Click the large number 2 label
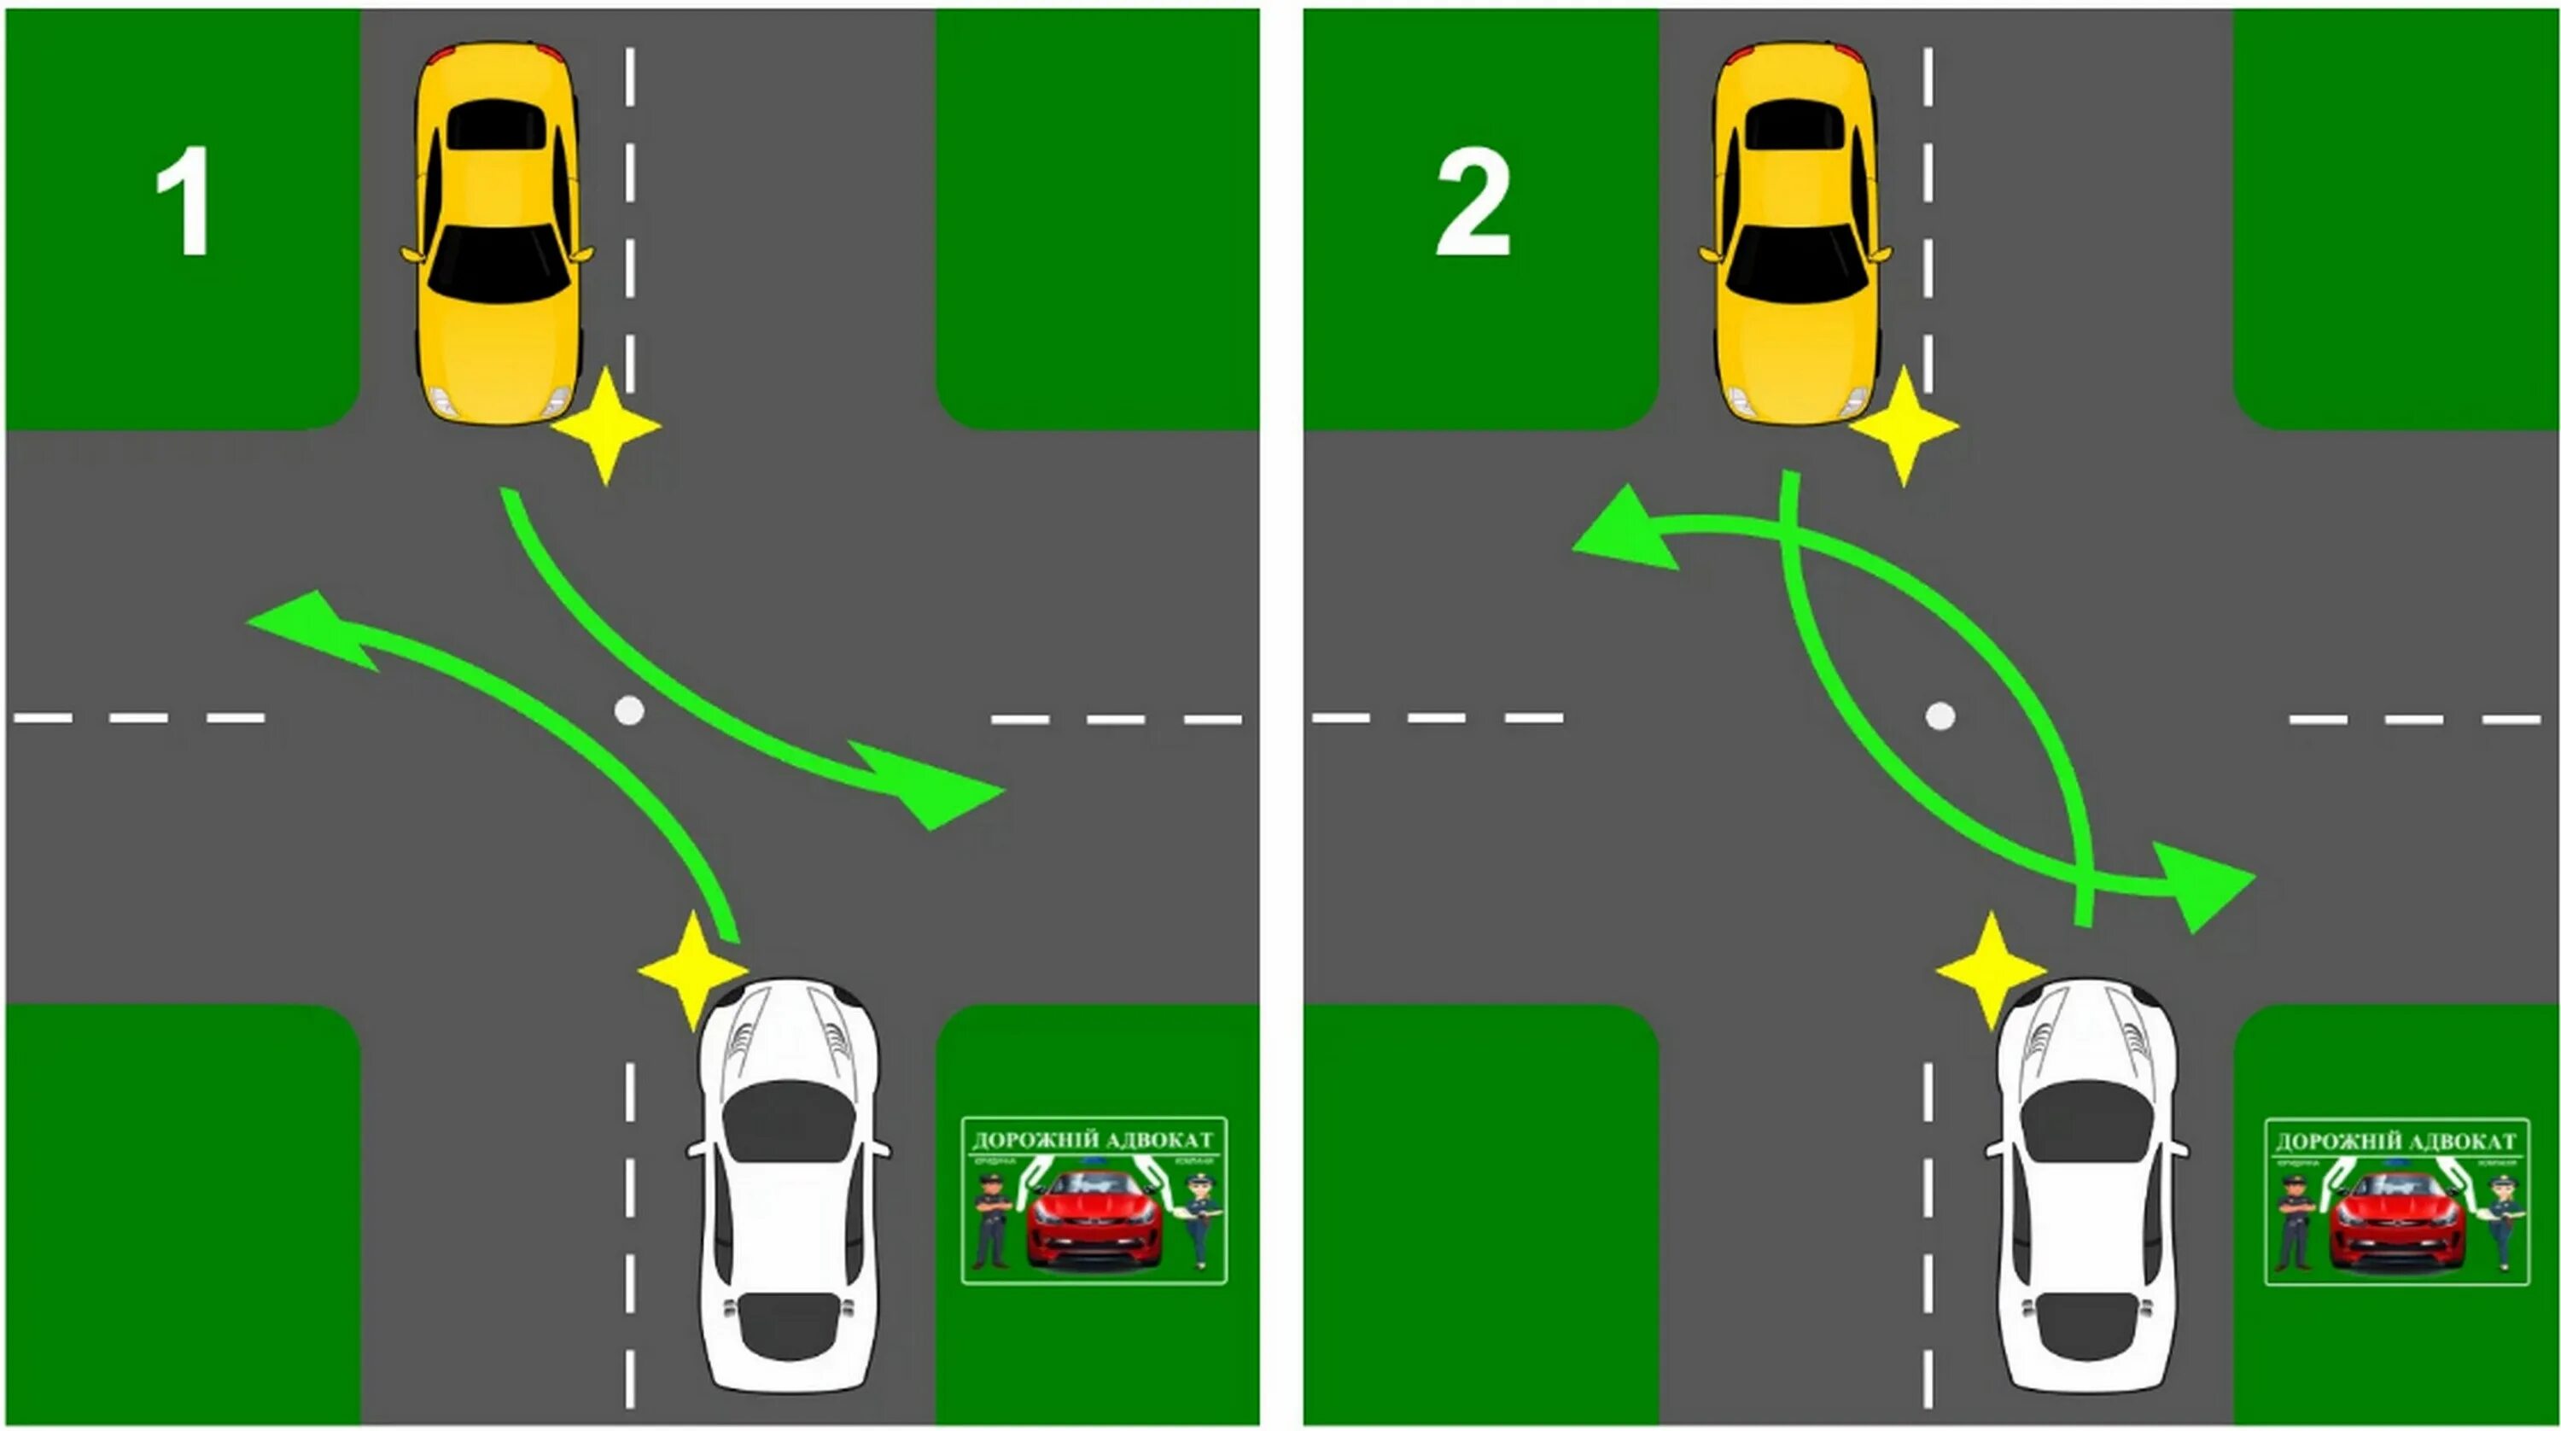1473,203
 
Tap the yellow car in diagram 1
496,235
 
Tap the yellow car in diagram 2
1795,235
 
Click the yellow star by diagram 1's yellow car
605,425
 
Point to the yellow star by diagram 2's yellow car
1903,425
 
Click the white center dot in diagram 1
629,710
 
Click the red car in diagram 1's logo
1094,1219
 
